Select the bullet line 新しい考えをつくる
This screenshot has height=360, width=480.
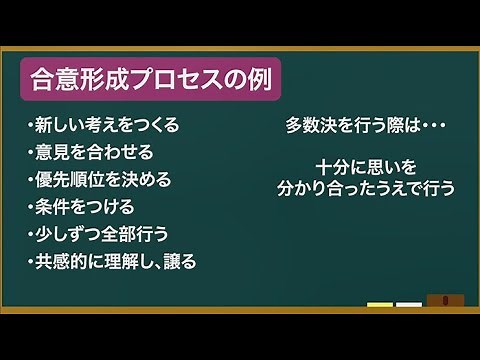pos(104,126)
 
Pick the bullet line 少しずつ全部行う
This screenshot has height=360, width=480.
pos(99,234)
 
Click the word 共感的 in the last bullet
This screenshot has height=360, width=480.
pos(61,262)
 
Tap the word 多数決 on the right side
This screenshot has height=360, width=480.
pos(310,126)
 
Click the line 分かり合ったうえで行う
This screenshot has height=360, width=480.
pos(364,187)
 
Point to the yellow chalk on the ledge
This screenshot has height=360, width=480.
pos(380,304)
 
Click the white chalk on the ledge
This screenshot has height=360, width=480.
pos(408,304)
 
